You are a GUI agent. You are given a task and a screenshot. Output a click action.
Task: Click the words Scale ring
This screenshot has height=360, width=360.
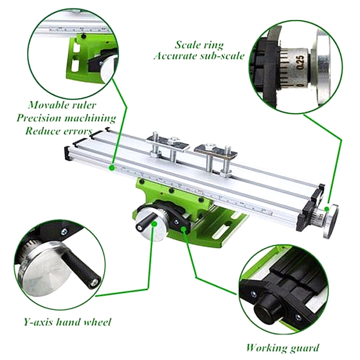pos(199,45)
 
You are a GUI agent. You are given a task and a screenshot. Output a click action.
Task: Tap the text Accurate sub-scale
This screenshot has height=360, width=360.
pos(199,56)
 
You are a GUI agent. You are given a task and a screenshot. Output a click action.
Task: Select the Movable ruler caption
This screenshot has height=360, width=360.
pos(62,105)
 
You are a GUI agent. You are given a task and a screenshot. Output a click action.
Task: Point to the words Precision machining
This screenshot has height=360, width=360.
pos(66,118)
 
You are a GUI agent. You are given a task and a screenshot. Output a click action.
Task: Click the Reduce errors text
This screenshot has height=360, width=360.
pos(58,130)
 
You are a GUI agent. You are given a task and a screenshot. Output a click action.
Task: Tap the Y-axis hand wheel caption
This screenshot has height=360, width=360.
pos(67,321)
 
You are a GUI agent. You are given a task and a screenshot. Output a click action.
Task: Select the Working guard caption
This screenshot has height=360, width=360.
pos(282,348)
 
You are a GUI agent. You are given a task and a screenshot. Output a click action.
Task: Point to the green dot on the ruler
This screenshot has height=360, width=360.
pos(112,167)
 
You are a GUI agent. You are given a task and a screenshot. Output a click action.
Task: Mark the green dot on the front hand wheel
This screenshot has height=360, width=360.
pos(155,224)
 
